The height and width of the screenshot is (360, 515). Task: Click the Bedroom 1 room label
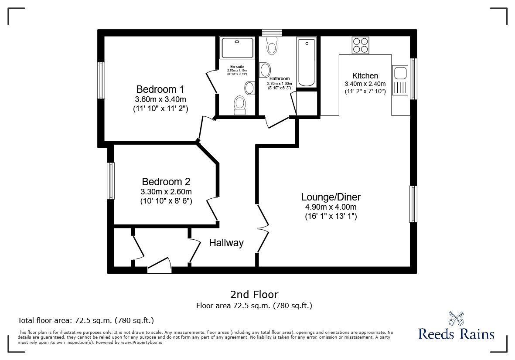point(160,89)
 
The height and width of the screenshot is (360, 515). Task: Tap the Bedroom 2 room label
point(166,182)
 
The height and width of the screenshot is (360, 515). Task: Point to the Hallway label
point(226,243)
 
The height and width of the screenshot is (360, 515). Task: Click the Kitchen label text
point(365,76)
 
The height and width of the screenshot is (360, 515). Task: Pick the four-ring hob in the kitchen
point(360,45)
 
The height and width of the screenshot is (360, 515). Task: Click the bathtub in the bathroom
point(307,63)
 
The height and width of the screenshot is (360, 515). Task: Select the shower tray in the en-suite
point(237,48)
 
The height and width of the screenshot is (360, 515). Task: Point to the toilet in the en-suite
point(239,105)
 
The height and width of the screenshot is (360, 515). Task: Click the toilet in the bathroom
point(273,45)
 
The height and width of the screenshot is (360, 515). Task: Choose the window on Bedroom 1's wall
point(101,81)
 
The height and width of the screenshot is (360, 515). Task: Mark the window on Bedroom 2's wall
point(111,181)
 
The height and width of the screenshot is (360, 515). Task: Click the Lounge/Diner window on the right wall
point(413,204)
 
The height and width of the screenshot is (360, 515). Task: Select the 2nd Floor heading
point(254,295)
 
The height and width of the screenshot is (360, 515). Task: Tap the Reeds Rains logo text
point(456,334)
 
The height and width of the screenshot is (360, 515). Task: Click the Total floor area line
point(85,320)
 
